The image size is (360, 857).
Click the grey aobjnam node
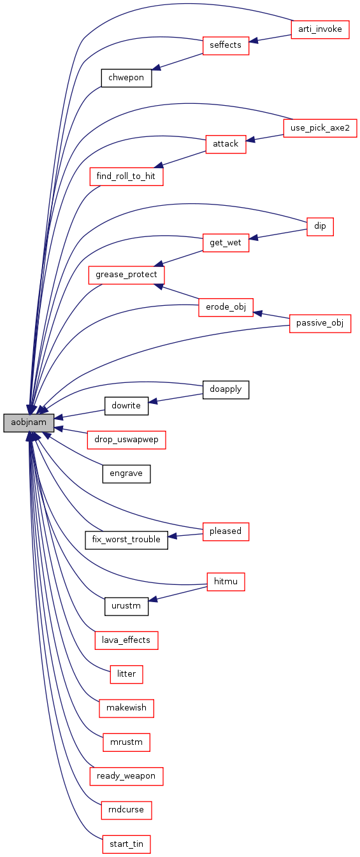pyautogui.click(x=29, y=422)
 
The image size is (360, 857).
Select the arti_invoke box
pyautogui.click(x=320, y=29)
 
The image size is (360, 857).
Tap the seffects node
pyautogui.click(x=226, y=45)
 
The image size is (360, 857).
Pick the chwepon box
pyautogui.click(x=126, y=78)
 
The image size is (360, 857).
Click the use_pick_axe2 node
pyautogui.click(x=320, y=128)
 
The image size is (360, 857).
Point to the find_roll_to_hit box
pyautogui.click(x=126, y=176)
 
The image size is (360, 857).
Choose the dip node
pyautogui.click(x=320, y=226)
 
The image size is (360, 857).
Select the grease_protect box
pyautogui.click(x=126, y=275)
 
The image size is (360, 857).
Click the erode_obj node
pyautogui.click(x=226, y=307)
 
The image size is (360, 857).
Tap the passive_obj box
pyautogui.click(x=320, y=323)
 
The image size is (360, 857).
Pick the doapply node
pyautogui.click(x=226, y=390)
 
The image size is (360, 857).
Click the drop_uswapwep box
pyautogui.click(x=126, y=440)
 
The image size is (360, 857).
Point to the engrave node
pyautogui.click(x=126, y=473)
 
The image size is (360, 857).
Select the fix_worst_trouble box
pyautogui.click(x=126, y=540)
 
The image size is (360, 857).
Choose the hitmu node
pyautogui.click(x=226, y=582)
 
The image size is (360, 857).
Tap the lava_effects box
pyautogui.click(x=126, y=640)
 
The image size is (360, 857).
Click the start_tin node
pyautogui.click(x=126, y=844)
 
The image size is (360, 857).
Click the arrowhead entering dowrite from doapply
pyautogui.click(x=153, y=401)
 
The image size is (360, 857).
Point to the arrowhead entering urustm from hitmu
pyautogui.click(x=153, y=600)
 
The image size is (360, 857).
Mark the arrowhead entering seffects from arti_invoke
pyautogui.click(x=254, y=40)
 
